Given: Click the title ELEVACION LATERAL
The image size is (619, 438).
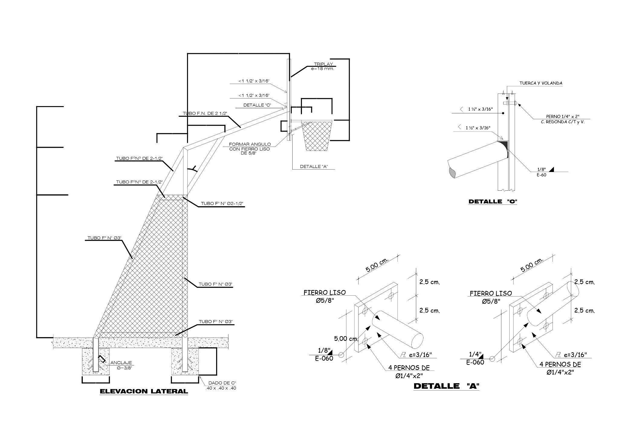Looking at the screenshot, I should click(144, 391).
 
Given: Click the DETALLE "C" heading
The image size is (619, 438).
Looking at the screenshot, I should click(493, 202).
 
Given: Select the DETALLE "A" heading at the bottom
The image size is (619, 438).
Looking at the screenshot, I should click(446, 386).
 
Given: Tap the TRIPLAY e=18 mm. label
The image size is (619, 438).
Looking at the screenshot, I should click(323, 66).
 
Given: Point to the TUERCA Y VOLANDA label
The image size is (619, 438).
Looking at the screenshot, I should click(541, 83).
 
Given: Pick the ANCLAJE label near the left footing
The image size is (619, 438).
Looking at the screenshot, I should click(121, 363).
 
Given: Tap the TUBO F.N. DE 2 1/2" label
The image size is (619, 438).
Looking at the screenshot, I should click(205, 113).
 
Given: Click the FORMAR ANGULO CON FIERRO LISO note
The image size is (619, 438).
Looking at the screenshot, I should click(250, 149).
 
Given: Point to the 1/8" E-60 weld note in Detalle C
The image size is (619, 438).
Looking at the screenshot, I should click(542, 172).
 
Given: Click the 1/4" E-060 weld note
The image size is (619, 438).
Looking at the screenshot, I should click(475, 358).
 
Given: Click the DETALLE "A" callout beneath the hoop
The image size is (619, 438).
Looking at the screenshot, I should click(314, 167).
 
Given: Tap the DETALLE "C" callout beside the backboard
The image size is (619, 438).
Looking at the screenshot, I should click(257, 105).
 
